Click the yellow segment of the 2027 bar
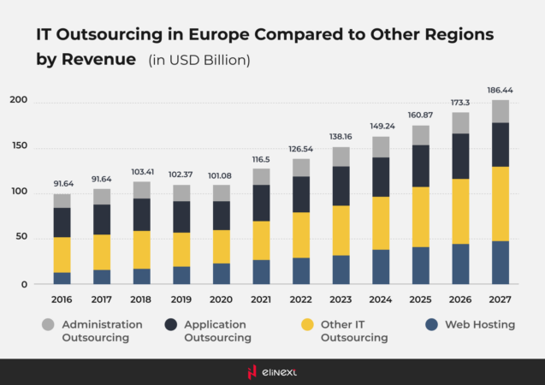pos(501,204)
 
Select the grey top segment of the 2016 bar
pos(62,201)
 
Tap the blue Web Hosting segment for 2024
pos(381,267)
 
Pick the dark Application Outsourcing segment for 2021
pos(261,203)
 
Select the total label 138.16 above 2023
pos(341,136)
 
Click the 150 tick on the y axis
pos(19,146)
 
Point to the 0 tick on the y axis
pos(24,285)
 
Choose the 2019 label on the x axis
pos(181,301)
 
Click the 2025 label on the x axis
pos(421,301)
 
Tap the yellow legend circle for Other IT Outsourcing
pos(305,324)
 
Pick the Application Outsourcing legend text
pos(217,331)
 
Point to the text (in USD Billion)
pos(198,60)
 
